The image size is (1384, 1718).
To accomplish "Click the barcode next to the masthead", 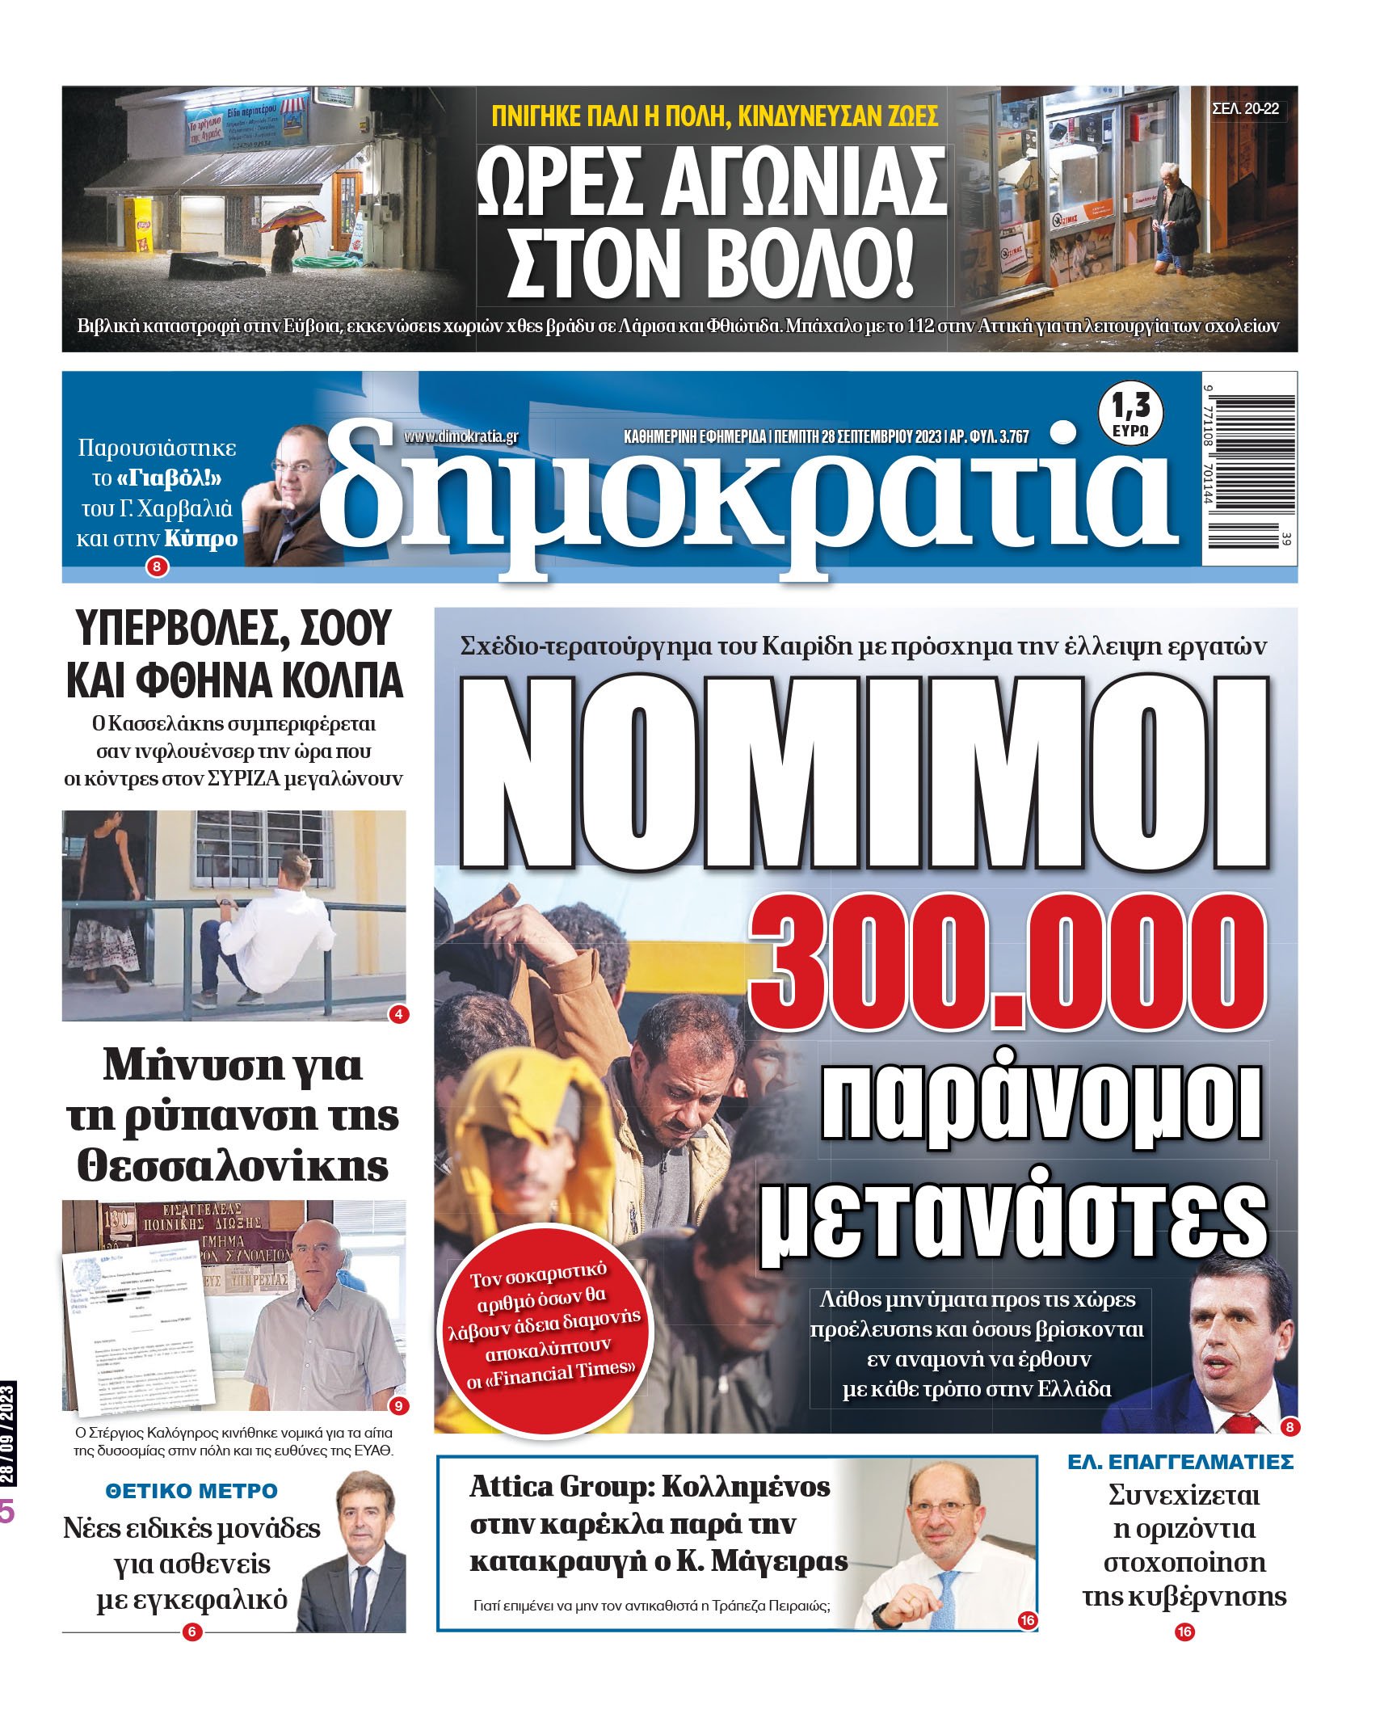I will pos(1249,468).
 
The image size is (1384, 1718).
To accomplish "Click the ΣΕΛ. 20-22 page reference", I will pos(1246,109).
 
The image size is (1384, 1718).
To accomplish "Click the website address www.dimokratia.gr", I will pos(461,436).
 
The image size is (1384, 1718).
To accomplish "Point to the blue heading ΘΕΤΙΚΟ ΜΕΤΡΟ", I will pos(191,1491).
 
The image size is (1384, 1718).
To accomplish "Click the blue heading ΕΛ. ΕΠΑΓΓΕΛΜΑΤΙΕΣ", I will pos(1180,1462).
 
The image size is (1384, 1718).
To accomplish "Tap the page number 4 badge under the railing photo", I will pos(398,1014).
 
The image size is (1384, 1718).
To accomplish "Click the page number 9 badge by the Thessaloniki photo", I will pos(398,1406).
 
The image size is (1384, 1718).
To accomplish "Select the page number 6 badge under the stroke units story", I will pos(191,1632).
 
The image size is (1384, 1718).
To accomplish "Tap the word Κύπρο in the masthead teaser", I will pos(201,538).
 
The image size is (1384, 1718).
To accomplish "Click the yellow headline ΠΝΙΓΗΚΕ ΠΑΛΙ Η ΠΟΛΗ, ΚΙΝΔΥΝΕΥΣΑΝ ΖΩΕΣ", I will pos(714,116).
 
